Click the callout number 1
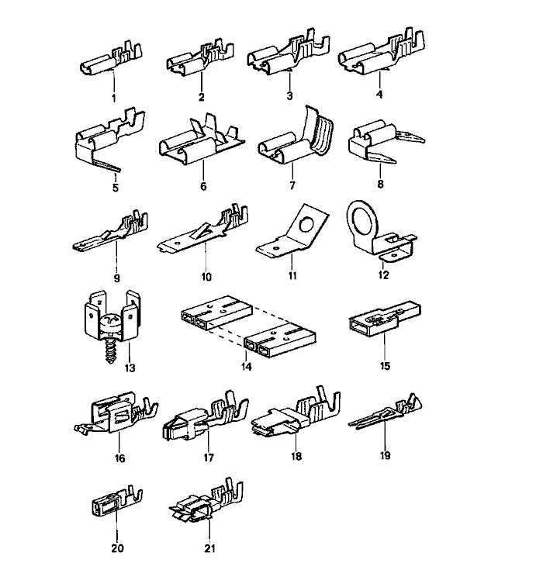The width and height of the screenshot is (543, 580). pos(113,98)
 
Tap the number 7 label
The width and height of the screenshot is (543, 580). pos(291,187)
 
